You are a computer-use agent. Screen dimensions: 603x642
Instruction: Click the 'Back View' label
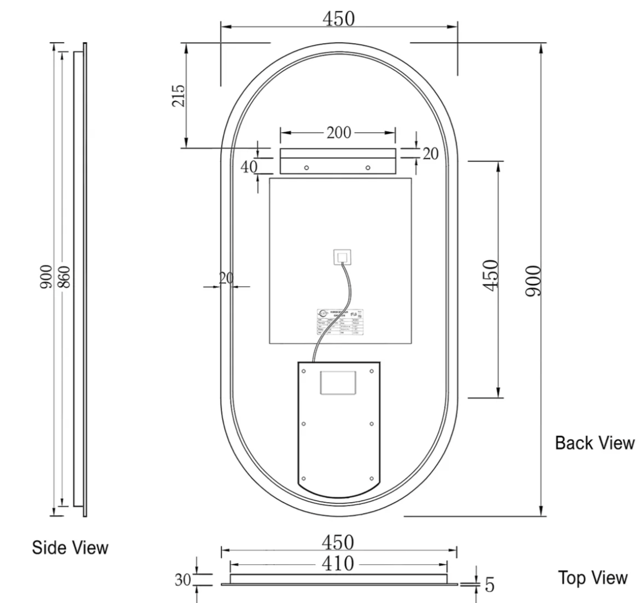pos(595,443)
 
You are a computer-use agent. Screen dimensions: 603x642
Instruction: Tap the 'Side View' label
pos(70,547)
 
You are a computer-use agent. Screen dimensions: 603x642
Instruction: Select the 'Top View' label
pos(593,578)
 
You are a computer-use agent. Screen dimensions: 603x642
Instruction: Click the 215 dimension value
pos(179,95)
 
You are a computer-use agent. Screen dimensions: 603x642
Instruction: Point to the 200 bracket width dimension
pos(338,133)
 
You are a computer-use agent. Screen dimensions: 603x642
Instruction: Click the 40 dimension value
pos(249,167)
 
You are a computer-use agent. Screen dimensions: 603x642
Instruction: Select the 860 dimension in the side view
pos(65,276)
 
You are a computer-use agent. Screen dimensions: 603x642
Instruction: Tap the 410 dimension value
pos(338,564)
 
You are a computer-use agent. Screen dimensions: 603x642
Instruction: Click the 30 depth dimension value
pos(182,580)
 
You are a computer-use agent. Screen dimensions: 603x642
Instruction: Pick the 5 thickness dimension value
pos(489,585)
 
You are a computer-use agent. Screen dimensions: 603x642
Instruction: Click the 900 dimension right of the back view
pos(533,280)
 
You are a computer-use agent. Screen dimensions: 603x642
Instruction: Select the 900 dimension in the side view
pos(46,276)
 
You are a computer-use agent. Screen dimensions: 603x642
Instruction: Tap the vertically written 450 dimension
pos(490,275)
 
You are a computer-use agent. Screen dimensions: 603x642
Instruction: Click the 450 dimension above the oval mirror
pos(339,19)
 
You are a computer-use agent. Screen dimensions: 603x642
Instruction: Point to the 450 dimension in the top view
pos(338,543)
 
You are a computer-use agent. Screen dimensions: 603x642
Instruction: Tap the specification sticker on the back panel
pos(340,322)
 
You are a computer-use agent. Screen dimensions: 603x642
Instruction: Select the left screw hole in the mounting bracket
pos(306,168)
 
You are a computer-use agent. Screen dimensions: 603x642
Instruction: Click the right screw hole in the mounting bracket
pos(368,168)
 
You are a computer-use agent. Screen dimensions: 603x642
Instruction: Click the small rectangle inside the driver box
pos(339,382)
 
